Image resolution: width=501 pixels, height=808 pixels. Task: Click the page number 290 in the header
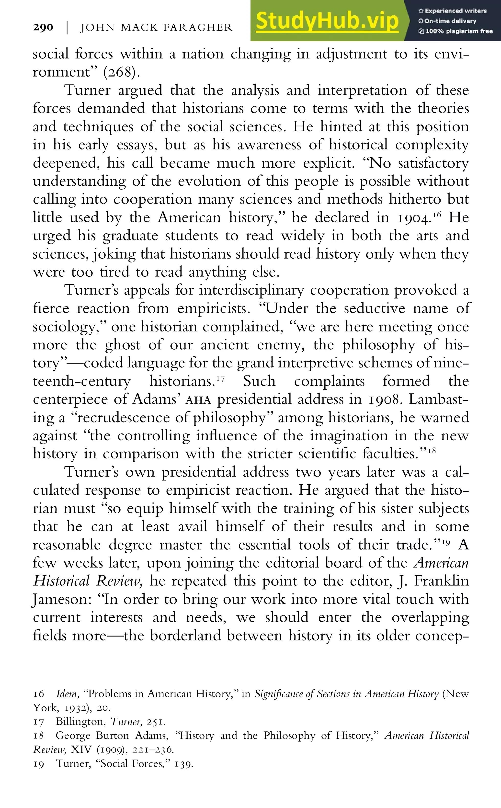[43, 27]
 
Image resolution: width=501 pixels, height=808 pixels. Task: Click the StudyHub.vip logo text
[327, 21]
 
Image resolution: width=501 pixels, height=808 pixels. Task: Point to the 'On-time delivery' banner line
[450, 21]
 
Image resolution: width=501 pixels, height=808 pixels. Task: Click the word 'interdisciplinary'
[251, 290]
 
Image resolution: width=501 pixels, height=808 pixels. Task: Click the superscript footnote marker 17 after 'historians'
[221, 378]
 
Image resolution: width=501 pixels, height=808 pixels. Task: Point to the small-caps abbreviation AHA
[198, 400]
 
